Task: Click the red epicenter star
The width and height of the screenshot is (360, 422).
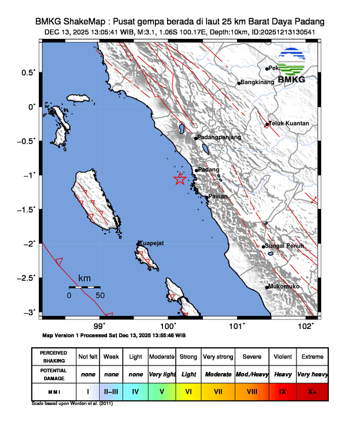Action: pyautogui.click(x=180, y=180)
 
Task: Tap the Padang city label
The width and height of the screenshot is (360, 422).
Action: pyautogui.click(x=208, y=170)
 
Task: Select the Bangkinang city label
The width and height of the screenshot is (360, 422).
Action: pyautogui.click(x=258, y=82)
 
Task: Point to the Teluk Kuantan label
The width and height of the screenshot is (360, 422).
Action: pyautogui.click(x=288, y=124)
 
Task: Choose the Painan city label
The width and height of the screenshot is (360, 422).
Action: pyautogui.click(x=218, y=196)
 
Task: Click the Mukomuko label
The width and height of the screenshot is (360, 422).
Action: pyautogui.click(x=285, y=287)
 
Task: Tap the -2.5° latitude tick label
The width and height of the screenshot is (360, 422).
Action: pyautogui.click(x=29, y=277)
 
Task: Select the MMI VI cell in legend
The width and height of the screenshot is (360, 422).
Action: pyautogui.click(x=188, y=390)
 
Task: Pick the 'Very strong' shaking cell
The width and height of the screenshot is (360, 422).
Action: pyautogui.click(x=218, y=357)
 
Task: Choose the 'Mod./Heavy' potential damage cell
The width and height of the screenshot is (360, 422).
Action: pyautogui.click(x=251, y=374)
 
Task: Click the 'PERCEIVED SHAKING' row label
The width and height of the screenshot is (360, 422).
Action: pyautogui.click(x=55, y=357)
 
